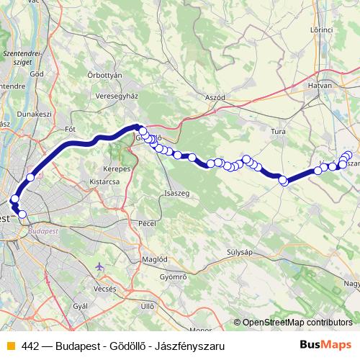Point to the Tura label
coord(278,132)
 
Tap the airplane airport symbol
coord(99,268)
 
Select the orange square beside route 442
coord(10,346)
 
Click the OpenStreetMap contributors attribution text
coord(297,323)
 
